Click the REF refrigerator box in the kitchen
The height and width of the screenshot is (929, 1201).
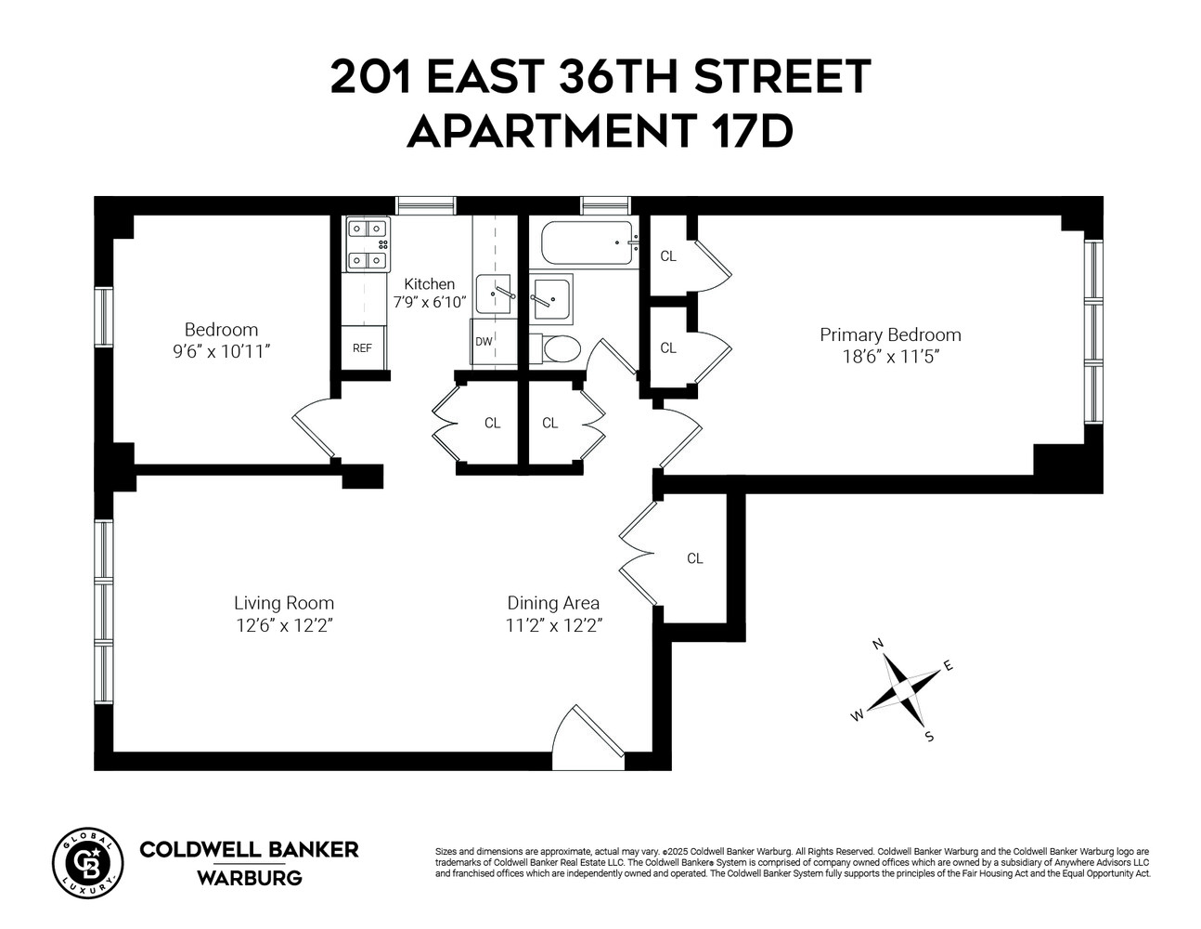tap(363, 348)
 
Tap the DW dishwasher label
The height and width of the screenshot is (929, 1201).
tap(484, 341)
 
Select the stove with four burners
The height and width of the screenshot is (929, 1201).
tap(368, 244)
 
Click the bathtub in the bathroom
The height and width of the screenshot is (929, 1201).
tap(587, 244)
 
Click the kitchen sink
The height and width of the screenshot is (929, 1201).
tap(494, 294)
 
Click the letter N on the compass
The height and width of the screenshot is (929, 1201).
tap(877, 644)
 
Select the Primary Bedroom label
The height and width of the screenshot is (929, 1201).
tap(890, 334)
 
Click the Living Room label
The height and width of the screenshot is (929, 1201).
tap(284, 603)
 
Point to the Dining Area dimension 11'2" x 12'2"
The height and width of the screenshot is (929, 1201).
tap(554, 626)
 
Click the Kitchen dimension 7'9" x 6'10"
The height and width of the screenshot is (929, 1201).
tap(429, 302)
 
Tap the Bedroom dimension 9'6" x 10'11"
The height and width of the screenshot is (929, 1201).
tap(221, 351)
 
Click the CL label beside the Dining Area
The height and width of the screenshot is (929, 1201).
tap(695, 558)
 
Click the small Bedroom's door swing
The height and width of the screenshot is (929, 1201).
tap(314, 429)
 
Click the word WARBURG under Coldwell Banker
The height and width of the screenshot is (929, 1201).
tap(249, 878)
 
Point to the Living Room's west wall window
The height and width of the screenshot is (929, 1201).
tap(103, 611)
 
